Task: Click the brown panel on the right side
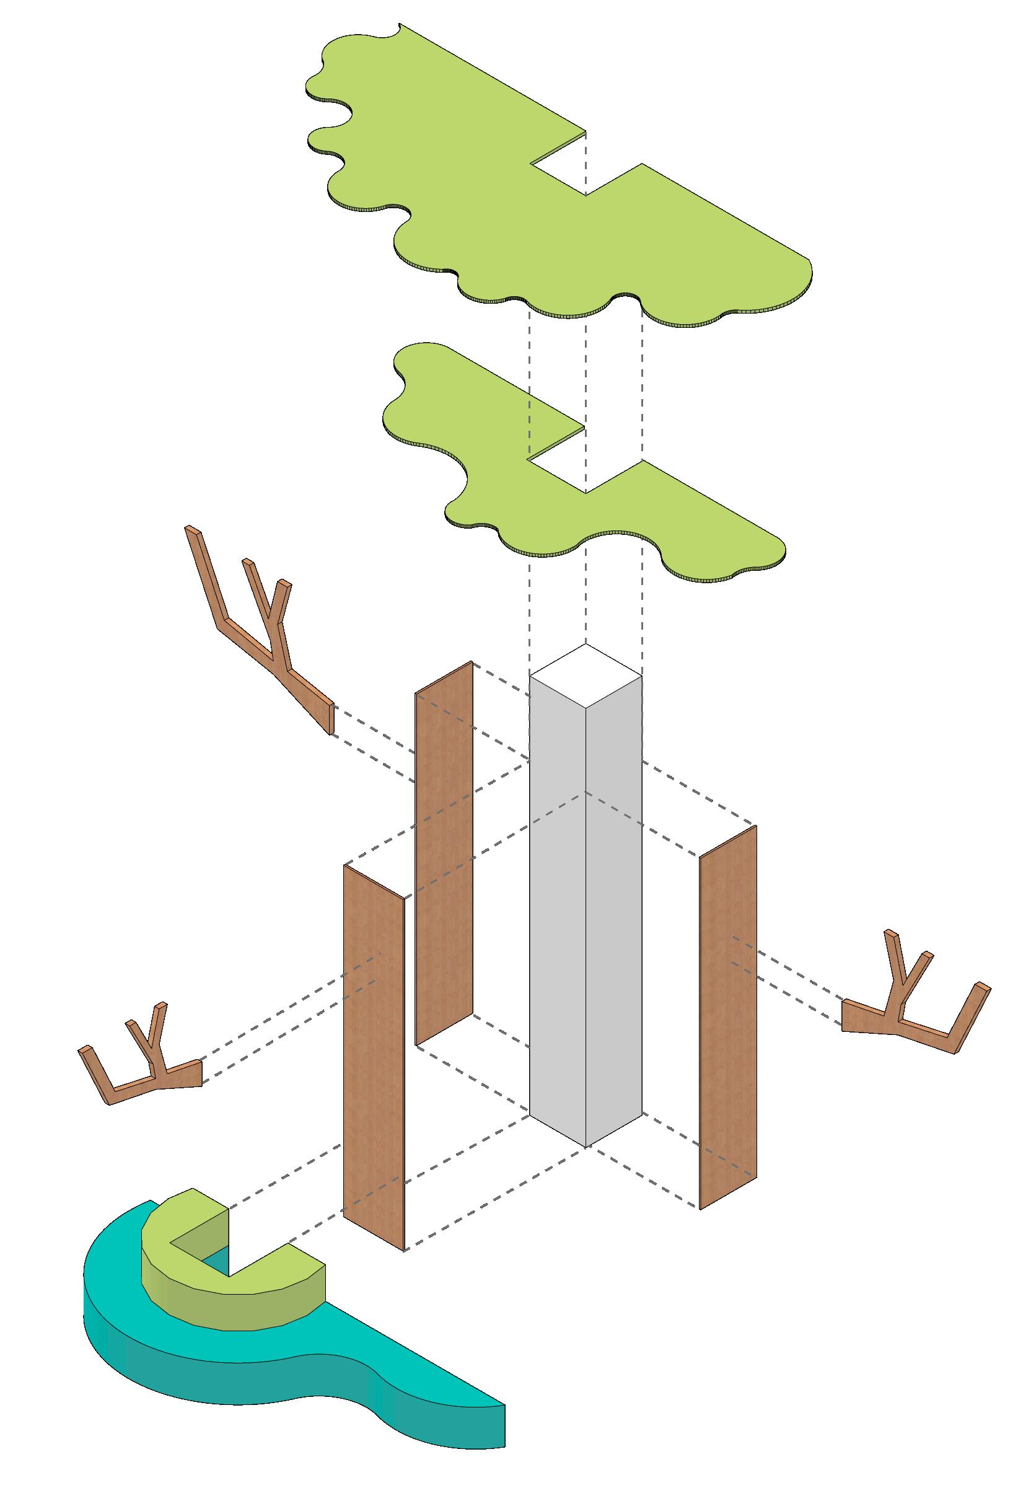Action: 728,1018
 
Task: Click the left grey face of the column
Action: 557,909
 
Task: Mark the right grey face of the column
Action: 613,909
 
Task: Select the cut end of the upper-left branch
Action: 331,717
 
